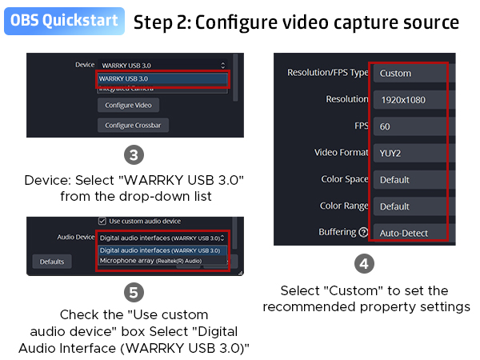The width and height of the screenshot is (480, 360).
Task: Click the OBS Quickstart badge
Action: pos(64,21)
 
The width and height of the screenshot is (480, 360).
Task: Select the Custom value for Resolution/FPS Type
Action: pos(408,73)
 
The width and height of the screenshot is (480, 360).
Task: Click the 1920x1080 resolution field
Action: pos(408,100)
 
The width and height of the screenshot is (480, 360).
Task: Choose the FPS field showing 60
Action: pos(408,126)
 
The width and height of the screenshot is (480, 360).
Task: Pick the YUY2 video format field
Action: pos(408,153)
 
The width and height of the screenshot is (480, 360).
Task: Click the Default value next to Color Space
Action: pos(408,180)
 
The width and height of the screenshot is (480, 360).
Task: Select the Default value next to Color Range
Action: pos(408,206)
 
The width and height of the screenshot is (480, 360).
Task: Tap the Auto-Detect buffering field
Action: pos(408,233)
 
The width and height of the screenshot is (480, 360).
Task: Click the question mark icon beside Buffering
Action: pos(364,233)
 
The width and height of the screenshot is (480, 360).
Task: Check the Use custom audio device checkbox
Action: pos(102,221)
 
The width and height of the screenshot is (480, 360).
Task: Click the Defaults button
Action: pos(52,262)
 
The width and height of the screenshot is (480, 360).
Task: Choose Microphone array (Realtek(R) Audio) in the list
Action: pos(150,261)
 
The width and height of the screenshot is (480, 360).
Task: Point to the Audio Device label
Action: pos(76,238)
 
